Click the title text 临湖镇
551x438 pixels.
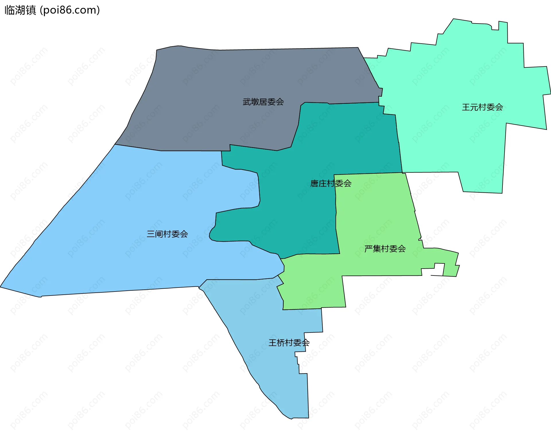click(20, 10)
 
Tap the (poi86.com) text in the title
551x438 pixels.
click(70, 10)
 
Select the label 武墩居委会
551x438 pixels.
click(263, 102)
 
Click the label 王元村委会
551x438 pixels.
click(482, 107)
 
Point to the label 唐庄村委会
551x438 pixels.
click(331, 183)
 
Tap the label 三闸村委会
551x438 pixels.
click(167, 234)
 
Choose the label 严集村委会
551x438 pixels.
click(385, 249)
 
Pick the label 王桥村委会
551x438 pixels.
click(289, 343)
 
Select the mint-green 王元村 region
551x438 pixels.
click(459, 72)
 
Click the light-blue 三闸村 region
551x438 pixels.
click(115, 244)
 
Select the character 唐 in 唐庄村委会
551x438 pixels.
click(314, 183)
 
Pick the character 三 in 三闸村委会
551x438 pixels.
click(151, 234)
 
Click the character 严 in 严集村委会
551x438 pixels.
click(368, 249)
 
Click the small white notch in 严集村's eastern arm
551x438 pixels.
click(439, 269)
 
